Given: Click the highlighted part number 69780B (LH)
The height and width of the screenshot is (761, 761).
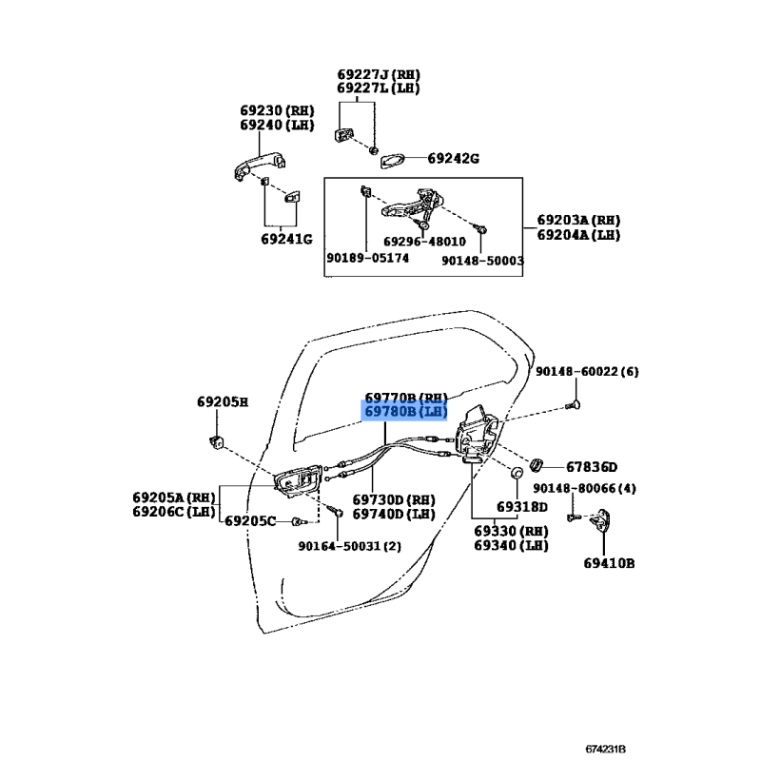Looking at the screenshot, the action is click(406, 412).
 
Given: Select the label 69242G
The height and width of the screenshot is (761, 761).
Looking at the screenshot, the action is click(453, 158).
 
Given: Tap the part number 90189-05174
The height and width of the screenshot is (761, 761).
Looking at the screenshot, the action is click(367, 258).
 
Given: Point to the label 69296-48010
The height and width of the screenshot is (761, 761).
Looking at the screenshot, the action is click(424, 242).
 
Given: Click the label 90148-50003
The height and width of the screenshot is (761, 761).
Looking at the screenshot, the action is click(482, 261).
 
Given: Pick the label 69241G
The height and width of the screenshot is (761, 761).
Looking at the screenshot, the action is click(287, 239).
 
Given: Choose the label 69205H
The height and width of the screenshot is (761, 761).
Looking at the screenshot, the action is click(223, 401).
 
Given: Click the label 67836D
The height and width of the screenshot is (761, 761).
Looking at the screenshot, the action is click(592, 467).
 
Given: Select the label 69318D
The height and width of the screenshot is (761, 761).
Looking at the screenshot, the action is click(521, 507).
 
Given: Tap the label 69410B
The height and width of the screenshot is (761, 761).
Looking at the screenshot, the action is click(609, 563).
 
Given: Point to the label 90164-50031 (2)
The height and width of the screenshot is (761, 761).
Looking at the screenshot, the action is click(350, 546).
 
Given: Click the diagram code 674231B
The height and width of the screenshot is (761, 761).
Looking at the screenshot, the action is click(605, 749).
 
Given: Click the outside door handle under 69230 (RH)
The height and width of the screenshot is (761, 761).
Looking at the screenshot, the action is click(259, 166).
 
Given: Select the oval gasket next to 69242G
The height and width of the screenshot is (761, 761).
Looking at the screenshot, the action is click(392, 161).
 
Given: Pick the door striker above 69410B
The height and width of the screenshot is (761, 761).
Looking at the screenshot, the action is click(600, 522).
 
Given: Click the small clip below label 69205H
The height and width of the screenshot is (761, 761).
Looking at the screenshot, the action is click(217, 441).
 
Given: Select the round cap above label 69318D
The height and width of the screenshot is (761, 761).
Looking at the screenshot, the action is click(517, 472).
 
